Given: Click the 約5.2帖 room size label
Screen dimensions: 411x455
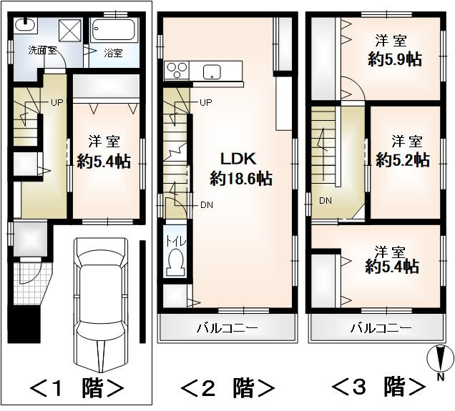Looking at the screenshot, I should tap(402, 159).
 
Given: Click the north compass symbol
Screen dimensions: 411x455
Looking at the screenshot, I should tap(441, 357).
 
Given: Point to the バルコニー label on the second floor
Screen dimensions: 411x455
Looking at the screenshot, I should tap(227, 329).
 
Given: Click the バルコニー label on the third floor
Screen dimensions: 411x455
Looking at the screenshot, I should tap(381, 329).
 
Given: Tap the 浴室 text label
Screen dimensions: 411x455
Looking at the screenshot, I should tap(113, 53).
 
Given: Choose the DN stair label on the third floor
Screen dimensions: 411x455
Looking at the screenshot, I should tap(326, 199).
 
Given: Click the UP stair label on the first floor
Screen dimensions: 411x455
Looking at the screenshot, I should tap(56, 102).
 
